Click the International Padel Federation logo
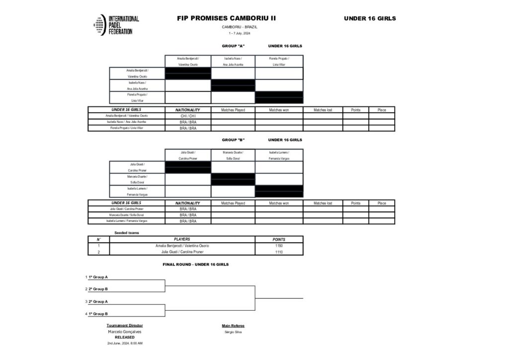pos(116,25)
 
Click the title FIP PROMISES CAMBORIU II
pos(226,18)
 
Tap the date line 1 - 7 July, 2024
pos(240,33)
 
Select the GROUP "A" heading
pos(233,46)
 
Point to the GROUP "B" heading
pos(233,140)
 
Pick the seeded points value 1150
pos(279,246)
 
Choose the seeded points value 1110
pos(279,252)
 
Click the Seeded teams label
pos(127,233)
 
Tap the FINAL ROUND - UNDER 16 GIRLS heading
pos(195,265)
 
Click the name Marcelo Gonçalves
pos(125,332)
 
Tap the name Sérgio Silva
pos(233,332)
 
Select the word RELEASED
pos(125,337)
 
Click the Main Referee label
pos(233,326)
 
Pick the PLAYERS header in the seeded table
pos(182,239)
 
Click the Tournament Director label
pos(125,326)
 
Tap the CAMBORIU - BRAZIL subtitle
pos(240,26)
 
